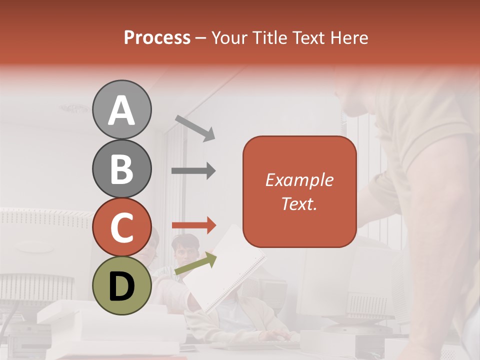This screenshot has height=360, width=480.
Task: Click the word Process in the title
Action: click(157, 38)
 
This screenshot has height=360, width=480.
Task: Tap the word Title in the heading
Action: click(270, 38)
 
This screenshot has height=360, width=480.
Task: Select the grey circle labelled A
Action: click(122, 109)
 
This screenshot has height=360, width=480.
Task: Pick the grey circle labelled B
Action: click(122, 168)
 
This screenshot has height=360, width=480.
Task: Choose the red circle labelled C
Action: click(122, 227)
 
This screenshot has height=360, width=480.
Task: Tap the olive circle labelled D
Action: click(122, 285)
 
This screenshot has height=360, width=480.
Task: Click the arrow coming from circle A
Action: click(194, 127)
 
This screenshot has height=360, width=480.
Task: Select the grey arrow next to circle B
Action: click(193, 171)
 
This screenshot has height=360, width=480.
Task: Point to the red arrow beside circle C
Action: click(193, 225)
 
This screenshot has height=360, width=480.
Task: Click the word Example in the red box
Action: click(299, 180)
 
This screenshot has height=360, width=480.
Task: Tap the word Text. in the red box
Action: click(299, 203)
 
